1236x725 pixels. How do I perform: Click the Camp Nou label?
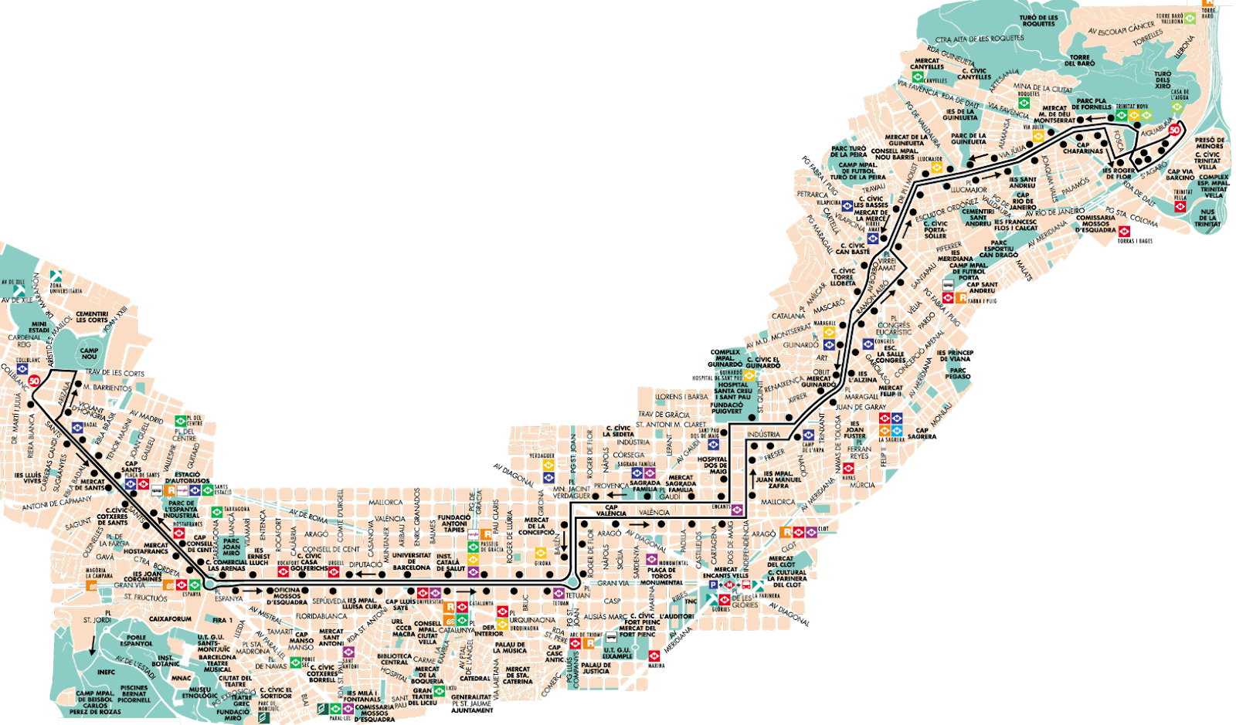(x=90, y=353)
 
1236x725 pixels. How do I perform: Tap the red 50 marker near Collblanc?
(x=34, y=381)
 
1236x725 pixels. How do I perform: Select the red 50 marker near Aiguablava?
(x=1174, y=130)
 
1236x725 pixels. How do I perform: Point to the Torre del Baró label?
(x=1080, y=59)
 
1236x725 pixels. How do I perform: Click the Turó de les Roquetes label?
(x=1038, y=21)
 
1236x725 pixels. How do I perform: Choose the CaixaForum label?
(x=170, y=618)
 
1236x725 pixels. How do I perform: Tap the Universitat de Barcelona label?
(x=411, y=561)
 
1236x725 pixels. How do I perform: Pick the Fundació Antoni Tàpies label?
(x=453, y=523)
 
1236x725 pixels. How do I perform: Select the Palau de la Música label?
(x=510, y=647)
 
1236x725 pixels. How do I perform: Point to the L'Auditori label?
(x=677, y=616)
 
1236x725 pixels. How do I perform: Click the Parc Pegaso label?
(x=958, y=373)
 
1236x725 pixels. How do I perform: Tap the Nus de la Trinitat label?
(x=1208, y=218)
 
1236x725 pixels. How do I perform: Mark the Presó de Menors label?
(x=1210, y=143)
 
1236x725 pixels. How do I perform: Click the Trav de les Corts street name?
(x=114, y=373)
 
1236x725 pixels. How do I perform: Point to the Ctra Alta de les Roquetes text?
(x=980, y=39)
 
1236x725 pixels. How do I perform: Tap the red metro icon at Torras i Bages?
(x=1125, y=232)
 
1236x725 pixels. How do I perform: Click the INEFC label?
(x=106, y=672)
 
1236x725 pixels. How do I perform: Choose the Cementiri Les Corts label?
(x=92, y=317)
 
